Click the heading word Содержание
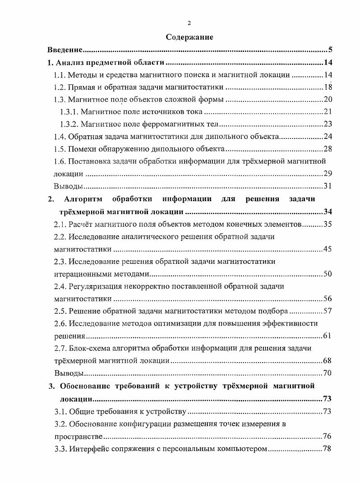[189, 37]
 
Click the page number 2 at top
[189, 23]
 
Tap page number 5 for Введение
[330, 50]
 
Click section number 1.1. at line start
[60, 75]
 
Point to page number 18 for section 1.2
[328, 87]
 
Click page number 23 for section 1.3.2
[328, 124]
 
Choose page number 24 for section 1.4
[328, 137]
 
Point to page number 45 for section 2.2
[328, 248]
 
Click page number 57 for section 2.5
[328, 311]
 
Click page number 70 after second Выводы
[328, 373]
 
